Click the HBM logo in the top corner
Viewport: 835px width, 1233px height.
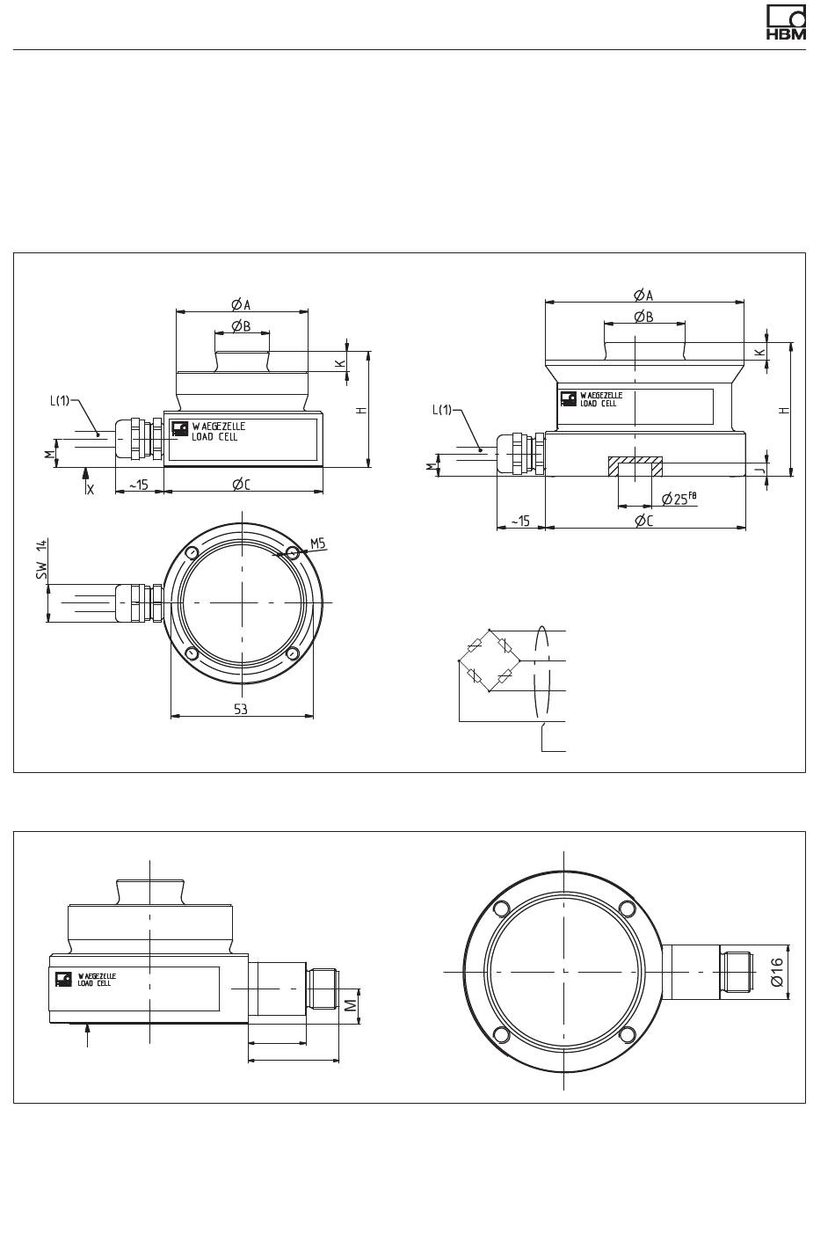tap(786, 23)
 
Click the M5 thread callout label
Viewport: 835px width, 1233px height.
tap(318, 544)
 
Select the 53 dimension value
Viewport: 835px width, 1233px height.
tap(241, 709)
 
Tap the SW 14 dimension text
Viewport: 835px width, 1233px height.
tap(42, 558)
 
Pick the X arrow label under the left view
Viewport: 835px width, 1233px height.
tap(91, 489)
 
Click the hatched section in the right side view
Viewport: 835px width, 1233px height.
tap(635, 466)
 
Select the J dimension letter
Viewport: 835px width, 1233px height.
tap(760, 470)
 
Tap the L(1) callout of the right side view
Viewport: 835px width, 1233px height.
tap(442, 410)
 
